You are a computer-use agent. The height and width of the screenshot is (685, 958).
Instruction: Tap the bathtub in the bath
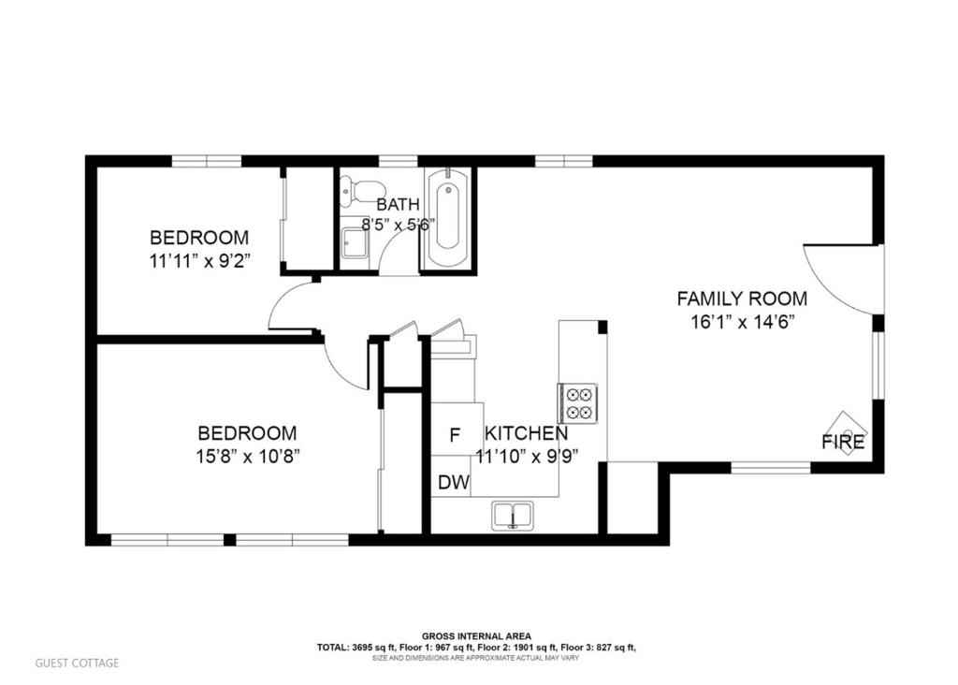(448, 218)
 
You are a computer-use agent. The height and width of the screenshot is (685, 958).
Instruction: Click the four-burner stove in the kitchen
(577, 402)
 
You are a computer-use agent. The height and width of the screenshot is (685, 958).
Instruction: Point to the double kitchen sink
(514, 515)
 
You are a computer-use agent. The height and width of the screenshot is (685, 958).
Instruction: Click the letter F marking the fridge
(455, 436)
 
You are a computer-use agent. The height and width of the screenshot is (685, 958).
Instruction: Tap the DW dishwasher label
(454, 483)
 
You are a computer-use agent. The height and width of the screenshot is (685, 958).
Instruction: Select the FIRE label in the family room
(843, 441)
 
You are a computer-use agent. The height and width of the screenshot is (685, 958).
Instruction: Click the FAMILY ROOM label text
(742, 299)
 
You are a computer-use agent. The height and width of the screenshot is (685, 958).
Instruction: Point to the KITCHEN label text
(526, 433)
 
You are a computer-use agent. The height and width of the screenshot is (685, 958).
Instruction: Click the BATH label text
(398, 204)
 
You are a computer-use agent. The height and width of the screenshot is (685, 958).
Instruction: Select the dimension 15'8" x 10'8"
(247, 457)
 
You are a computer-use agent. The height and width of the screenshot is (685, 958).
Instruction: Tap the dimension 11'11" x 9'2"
(201, 261)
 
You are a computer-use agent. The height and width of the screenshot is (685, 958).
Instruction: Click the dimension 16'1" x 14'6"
(742, 322)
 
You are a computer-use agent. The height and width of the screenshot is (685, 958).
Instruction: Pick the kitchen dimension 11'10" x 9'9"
(527, 457)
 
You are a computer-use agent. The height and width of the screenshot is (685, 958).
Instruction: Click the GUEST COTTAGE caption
(77, 663)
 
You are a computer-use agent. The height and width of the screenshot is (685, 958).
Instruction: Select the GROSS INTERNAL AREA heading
(476, 636)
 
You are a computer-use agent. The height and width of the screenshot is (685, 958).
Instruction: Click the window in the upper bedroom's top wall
(207, 161)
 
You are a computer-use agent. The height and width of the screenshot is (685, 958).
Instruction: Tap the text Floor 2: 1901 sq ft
(516, 648)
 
